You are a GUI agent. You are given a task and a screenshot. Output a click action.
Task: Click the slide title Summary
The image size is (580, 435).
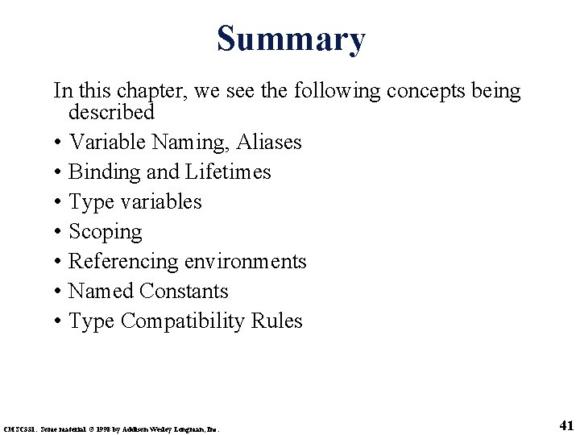pyautogui.click(x=290, y=39)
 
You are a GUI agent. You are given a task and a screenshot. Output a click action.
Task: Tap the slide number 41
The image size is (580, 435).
pyautogui.click(x=565, y=425)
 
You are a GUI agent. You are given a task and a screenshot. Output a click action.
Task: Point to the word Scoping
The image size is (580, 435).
pyautogui.click(x=106, y=233)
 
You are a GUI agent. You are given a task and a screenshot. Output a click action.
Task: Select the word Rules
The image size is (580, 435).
pyautogui.click(x=276, y=321)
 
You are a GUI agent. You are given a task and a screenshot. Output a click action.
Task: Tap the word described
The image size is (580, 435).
pyautogui.click(x=111, y=111)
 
